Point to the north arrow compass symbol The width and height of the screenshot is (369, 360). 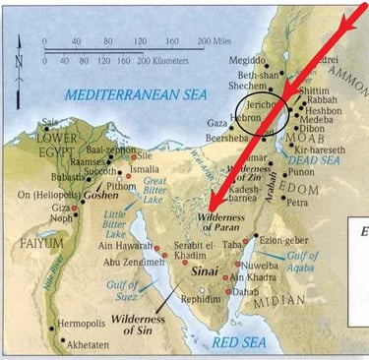20,61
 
